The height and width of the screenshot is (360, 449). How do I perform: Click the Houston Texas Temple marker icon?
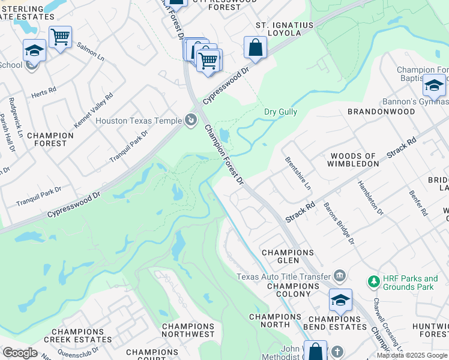[x=191, y=121]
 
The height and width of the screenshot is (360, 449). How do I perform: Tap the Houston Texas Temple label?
[x=139, y=121]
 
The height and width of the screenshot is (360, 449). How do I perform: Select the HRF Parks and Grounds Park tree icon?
[x=373, y=281]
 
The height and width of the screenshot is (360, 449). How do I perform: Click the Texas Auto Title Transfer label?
[x=283, y=277]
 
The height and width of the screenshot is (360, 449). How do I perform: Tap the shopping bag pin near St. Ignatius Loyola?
[x=256, y=48]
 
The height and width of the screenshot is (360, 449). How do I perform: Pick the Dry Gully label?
[x=280, y=112]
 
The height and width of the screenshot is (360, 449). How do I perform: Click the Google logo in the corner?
[x=19, y=353]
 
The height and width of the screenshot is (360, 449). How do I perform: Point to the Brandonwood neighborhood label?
[x=381, y=112]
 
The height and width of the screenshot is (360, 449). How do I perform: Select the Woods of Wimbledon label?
[x=353, y=159]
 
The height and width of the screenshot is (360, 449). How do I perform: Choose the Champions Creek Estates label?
[x=82, y=335]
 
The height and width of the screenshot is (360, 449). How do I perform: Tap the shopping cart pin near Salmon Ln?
[x=60, y=38]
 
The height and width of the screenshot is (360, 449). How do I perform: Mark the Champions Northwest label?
[x=188, y=330]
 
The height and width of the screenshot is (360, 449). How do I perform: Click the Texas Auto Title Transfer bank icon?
[x=340, y=276]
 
